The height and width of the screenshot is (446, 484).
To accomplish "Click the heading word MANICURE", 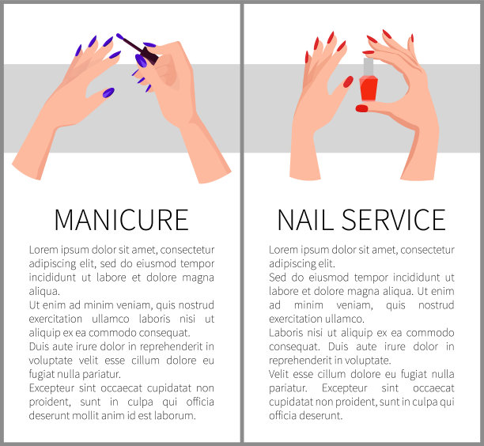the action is pos(121,220).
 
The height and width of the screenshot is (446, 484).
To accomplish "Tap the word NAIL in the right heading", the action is pos(305,220).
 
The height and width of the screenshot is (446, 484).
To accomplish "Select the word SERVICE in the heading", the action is pos(394,220).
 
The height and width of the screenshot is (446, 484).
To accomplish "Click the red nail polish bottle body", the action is pos(369,89).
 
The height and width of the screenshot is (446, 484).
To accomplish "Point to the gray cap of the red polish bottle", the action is pos(369,66).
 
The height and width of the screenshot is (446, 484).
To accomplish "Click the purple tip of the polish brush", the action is pos(119,36).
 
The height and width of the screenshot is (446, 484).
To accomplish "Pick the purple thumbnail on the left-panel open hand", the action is pos(108,93).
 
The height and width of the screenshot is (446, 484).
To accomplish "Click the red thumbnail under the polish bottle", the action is pos(361,108).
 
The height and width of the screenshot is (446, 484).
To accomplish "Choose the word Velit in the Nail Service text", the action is pos(279,374).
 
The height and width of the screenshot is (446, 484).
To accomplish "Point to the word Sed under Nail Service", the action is pos(278,277).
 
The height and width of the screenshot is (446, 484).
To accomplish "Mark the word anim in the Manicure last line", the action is pos(116,415).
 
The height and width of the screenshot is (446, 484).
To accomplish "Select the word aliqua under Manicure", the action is pos(44,291).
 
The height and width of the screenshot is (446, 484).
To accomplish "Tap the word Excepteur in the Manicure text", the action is pos(52,388).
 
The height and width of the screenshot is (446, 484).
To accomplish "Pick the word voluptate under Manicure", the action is pos(51,361).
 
